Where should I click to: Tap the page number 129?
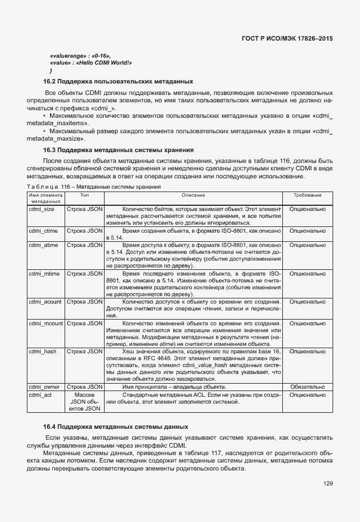[x=327, y=484]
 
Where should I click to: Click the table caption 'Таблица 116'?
[x=94, y=187]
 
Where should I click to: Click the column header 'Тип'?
[x=85, y=196]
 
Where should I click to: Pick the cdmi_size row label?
[x=41, y=209]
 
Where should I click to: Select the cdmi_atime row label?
[x=42, y=244]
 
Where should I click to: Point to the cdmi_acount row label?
[x=45, y=301]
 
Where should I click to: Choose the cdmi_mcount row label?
[x=46, y=323]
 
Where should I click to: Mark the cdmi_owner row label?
[x=43, y=387]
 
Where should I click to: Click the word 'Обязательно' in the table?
[x=307, y=387]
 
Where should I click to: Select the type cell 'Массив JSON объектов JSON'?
[x=85, y=401]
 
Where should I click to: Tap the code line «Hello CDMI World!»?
[x=91, y=62]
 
